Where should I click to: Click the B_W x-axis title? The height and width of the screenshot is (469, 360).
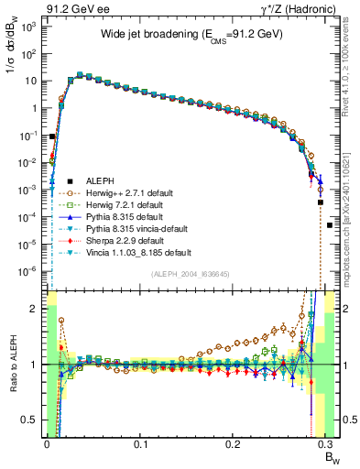(331, 456)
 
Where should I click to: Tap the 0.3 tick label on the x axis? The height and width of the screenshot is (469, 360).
(327, 446)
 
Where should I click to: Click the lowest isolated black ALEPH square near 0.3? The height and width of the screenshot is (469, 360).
(330, 225)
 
